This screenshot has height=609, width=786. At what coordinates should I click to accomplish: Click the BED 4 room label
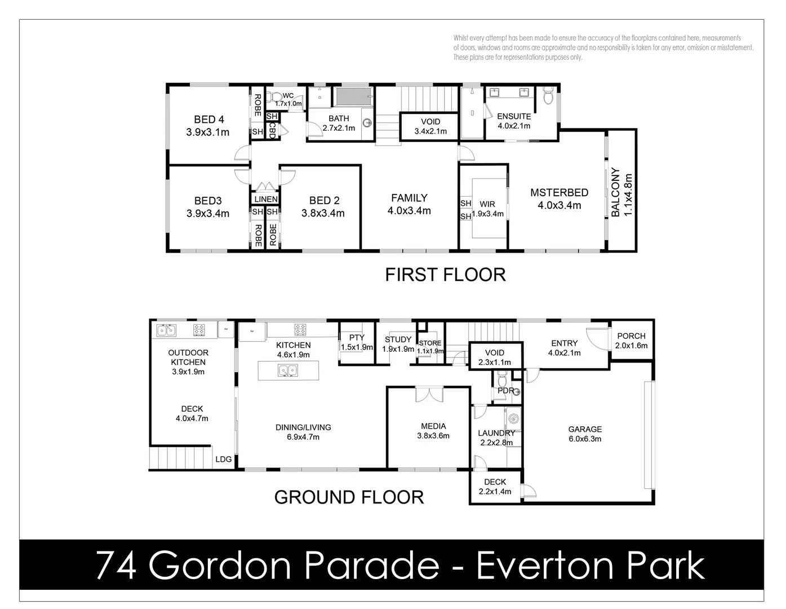coord(208,120)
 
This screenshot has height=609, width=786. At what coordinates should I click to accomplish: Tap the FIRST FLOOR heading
coord(445,275)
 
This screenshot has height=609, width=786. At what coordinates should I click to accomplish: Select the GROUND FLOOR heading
coord(349,497)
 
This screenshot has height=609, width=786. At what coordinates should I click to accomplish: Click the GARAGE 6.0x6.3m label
coord(585,434)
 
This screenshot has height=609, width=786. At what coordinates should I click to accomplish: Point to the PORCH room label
coord(631,336)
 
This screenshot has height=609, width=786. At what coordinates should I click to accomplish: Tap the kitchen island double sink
coord(288,370)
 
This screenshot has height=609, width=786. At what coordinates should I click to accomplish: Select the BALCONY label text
coord(615,192)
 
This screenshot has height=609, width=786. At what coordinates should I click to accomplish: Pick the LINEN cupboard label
coord(265,199)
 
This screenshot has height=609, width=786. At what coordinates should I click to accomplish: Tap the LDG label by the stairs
coord(224,460)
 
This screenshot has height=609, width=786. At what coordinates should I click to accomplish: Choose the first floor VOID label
coord(430,122)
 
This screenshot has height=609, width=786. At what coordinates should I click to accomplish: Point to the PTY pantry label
coord(357,338)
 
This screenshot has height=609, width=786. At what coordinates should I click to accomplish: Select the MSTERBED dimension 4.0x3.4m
coord(559,205)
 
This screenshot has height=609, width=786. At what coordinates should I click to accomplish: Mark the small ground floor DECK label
coord(495,482)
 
